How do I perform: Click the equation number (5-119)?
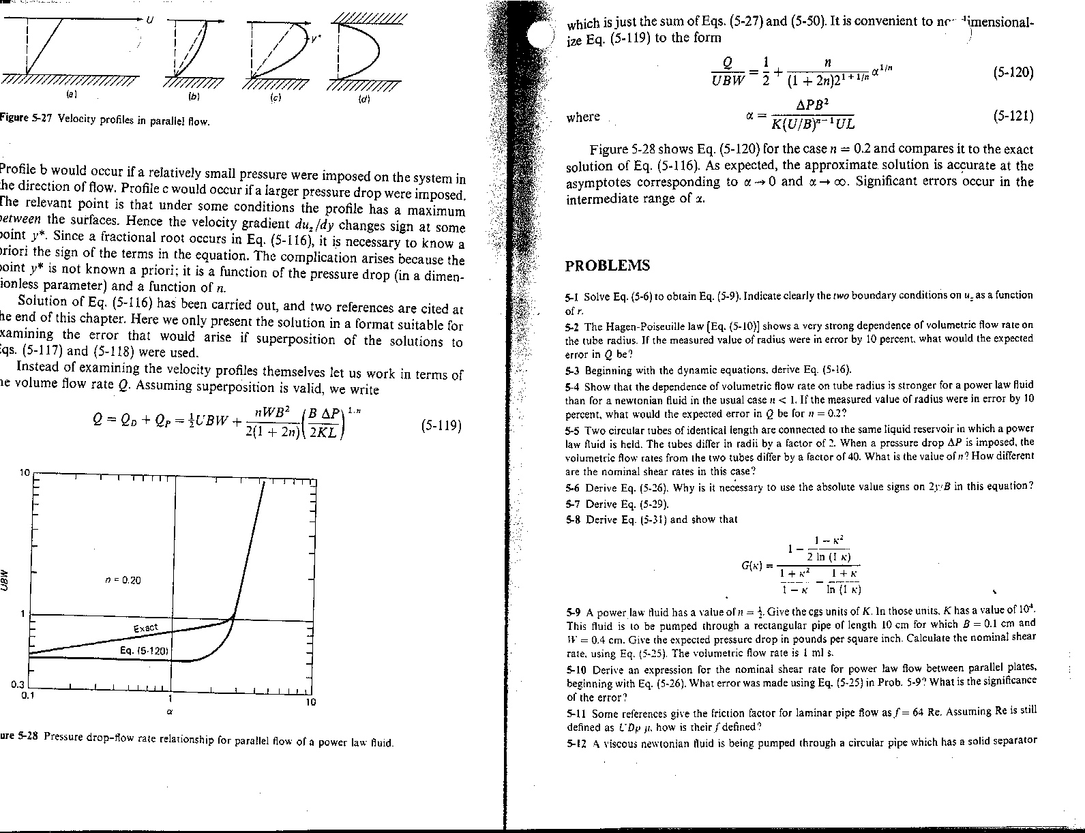[x=441, y=426]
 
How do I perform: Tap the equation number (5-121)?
[x=1013, y=116]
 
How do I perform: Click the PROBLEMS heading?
[x=608, y=266]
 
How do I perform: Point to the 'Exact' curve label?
[x=145, y=627]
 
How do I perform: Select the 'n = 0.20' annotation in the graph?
[x=123, y=580]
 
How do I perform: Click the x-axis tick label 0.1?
[x=27, y=696]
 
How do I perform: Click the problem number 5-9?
[x=573, y=611]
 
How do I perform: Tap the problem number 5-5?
[x=573, y=429]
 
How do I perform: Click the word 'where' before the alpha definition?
[x=583, y=117]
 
